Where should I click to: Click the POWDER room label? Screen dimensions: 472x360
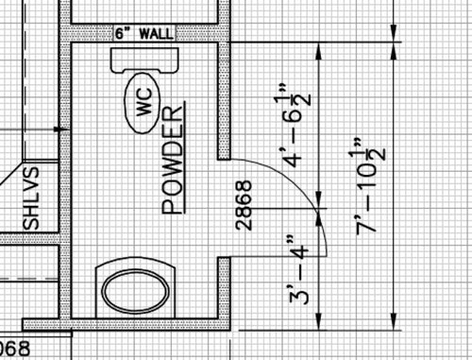[172, 160]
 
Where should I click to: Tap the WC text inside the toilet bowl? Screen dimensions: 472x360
[144, 102]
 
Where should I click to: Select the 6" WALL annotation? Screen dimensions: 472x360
[144, 33]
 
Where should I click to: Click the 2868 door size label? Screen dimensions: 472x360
[244, 205]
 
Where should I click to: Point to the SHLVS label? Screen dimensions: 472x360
[31, 198]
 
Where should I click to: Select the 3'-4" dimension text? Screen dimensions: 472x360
[299, 270]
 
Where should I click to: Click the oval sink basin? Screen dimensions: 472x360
[136, 291]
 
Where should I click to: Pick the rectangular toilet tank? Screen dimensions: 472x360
[144, 60]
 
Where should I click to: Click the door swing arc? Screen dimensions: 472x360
[301, 192]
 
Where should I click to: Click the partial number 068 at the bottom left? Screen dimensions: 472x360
[15, 350]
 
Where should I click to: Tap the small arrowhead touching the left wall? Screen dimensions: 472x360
[59, 129]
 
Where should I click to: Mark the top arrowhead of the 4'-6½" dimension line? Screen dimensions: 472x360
[319, 52]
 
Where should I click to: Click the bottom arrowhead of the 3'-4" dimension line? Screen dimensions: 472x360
[319, 321]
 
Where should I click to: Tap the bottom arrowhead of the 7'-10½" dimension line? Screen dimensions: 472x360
[394, 321]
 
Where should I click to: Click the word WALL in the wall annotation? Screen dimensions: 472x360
[156, 33]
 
